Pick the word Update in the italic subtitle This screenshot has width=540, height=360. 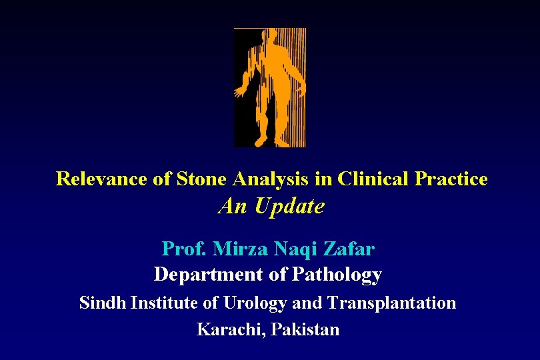pos(288,207)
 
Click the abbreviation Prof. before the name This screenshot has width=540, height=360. pos(184,249)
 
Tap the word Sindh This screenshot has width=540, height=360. pos(103,303)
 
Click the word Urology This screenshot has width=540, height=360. pos(255,303)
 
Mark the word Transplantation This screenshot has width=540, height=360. pos(391,303)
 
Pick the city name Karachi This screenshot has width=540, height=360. pos(228,329)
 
